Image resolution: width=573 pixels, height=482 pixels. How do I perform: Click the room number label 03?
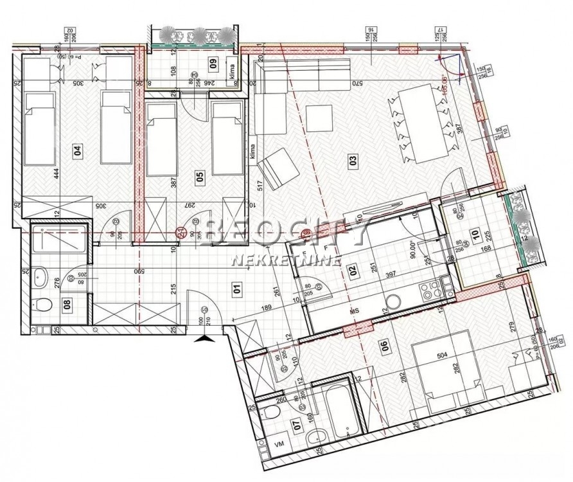tap(353, 162)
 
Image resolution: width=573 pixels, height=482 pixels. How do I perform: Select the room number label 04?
tap(78, 152)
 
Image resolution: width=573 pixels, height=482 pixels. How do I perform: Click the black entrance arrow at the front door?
tap(205, 338)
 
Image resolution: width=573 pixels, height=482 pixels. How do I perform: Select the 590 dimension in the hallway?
tap(137, 272)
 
